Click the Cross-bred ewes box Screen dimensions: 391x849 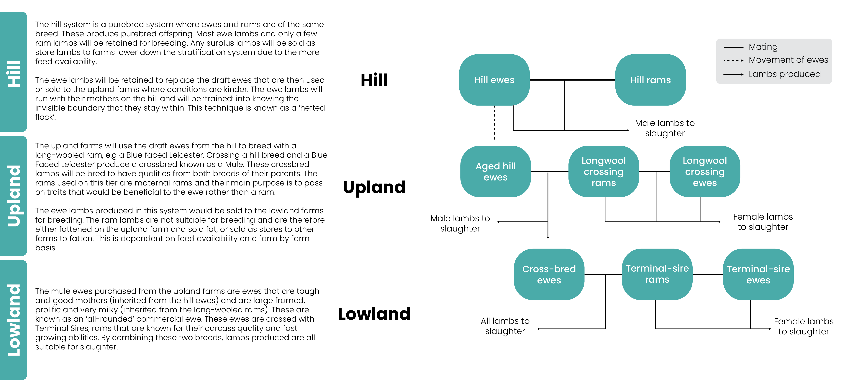(549, 274)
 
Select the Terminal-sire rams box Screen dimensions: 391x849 (657, 274)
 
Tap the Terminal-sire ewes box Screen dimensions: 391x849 (758, 274)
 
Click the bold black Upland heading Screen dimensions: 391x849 (374, 187)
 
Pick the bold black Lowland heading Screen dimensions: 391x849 (374, 314)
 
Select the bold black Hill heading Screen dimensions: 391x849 (374, 80)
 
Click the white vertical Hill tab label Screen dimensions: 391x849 (14, 74)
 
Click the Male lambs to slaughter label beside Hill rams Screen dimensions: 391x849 (664, 128)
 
